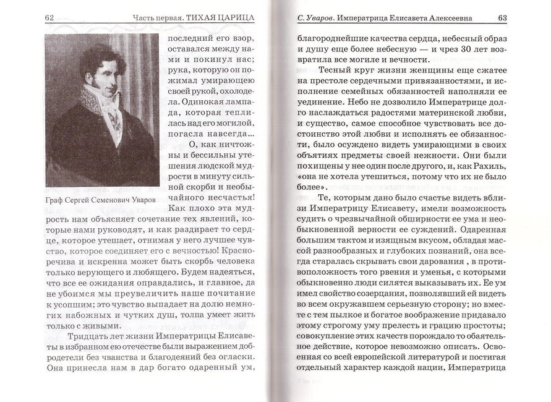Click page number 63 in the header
[502, 17]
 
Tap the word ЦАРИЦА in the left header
[236, 17]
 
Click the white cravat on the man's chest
[112, 118]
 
